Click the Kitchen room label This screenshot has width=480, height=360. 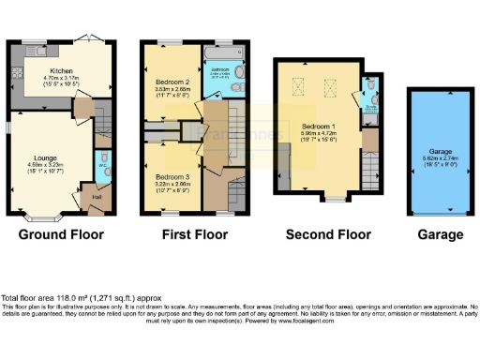63,69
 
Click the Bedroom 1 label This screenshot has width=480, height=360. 318,125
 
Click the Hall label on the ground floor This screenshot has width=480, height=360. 96,197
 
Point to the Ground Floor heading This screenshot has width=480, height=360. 60,234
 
